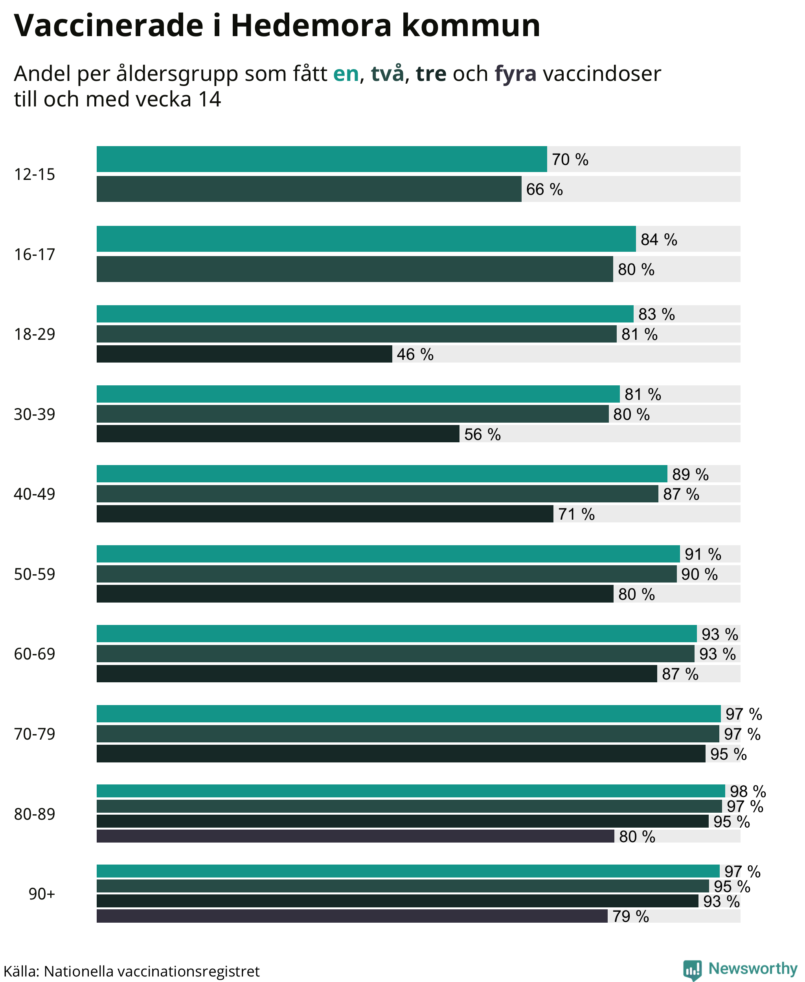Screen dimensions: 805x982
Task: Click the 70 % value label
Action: (x=570, y=159)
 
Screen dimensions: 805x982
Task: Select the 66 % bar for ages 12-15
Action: (x=309, y=189)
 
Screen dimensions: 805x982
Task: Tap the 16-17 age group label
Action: (x=34, y=255)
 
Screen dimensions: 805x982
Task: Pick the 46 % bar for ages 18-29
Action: (x=244, y=354)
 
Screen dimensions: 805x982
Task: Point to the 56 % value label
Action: (x=482, y=434)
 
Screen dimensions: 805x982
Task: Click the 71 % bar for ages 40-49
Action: (x=325, y=514)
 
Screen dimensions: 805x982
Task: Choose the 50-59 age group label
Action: (x=34, y=574)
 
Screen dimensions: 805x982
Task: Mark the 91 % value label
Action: (x=703, y=554)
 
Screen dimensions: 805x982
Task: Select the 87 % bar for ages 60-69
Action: (x=377, y=674)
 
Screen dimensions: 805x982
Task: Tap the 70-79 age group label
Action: (x=34, y=734)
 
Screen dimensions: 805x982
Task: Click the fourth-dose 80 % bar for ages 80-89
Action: (x=356, y=837)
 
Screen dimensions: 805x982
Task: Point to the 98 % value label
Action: (x=748, y=791)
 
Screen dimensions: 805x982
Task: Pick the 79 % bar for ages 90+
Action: (x=352, y=916)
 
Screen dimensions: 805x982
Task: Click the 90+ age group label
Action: (x=42, y=894)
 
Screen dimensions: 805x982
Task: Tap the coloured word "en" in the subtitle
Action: (x=346, y=74)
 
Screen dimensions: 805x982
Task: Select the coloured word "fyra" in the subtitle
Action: (x=516, y=74)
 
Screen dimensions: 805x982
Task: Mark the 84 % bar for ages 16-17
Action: (x=366, y=239)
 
